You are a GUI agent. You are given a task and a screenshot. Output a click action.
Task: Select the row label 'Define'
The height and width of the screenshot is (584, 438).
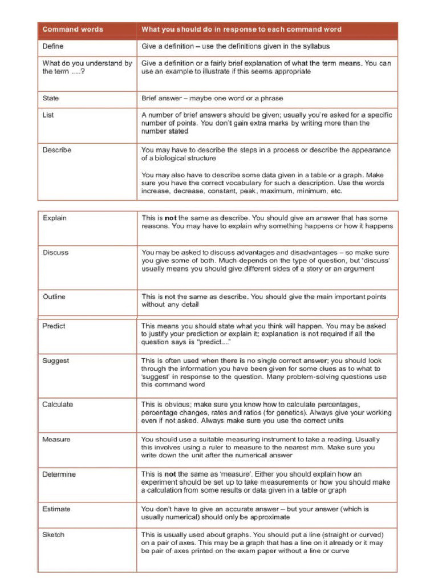pos(53,46)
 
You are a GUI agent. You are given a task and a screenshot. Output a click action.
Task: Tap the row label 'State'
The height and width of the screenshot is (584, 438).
pos(51,98)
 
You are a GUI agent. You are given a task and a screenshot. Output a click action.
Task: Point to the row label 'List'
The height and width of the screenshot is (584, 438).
pos(48,115)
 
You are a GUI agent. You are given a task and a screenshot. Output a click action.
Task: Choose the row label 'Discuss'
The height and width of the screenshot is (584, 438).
pos(55,253)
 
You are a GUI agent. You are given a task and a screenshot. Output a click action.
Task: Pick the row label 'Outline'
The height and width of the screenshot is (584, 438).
pos(54,297)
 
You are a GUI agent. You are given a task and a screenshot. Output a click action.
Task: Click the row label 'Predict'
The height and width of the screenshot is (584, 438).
pos(54,326)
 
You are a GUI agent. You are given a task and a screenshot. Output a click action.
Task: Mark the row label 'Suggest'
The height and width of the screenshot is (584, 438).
pos(55,360)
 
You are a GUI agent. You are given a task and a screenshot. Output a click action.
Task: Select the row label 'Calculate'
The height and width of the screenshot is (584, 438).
pos(58,404)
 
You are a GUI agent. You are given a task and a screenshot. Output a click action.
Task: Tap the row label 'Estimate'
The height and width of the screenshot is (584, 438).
pos(56,509)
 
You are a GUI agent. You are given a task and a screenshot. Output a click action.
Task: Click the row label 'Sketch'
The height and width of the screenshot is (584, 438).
pos(54,534)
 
